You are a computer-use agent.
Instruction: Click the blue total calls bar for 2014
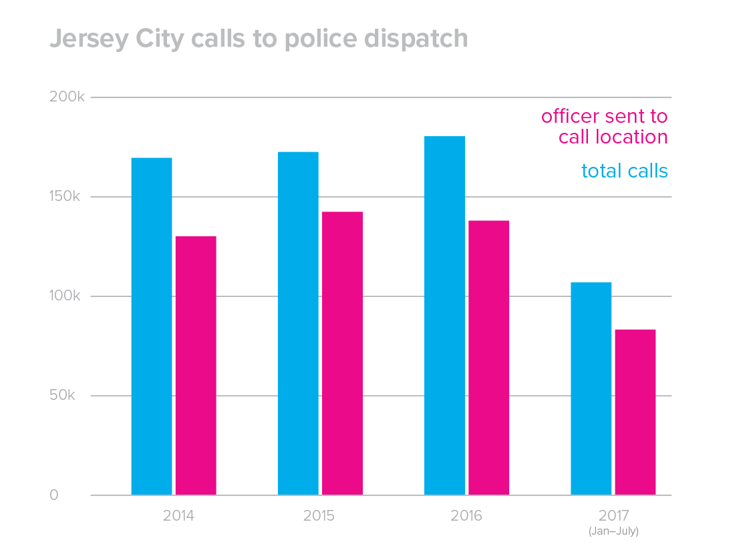point(152,326)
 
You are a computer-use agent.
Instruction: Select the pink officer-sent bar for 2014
point(196,366)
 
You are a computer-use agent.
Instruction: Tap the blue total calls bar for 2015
point(298,324)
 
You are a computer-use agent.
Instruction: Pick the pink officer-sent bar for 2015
point(342,353)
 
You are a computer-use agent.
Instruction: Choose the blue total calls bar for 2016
point(444,316)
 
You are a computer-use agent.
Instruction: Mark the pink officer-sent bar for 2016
point(488,358)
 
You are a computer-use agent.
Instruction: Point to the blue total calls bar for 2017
point(591,388)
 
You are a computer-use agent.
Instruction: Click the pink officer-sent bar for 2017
point(635,412)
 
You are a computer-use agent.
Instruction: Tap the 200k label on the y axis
point(67,97)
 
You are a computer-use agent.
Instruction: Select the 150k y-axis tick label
point(67,197)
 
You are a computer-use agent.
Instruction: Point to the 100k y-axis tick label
point(67,296)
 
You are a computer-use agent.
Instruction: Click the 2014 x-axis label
point(179,516)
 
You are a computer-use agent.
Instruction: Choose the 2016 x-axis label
point(466,516)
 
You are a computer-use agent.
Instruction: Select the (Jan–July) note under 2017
point(613,532)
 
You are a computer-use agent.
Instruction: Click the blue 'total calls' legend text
point(624,171)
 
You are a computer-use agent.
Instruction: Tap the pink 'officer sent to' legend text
point(604,116)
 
